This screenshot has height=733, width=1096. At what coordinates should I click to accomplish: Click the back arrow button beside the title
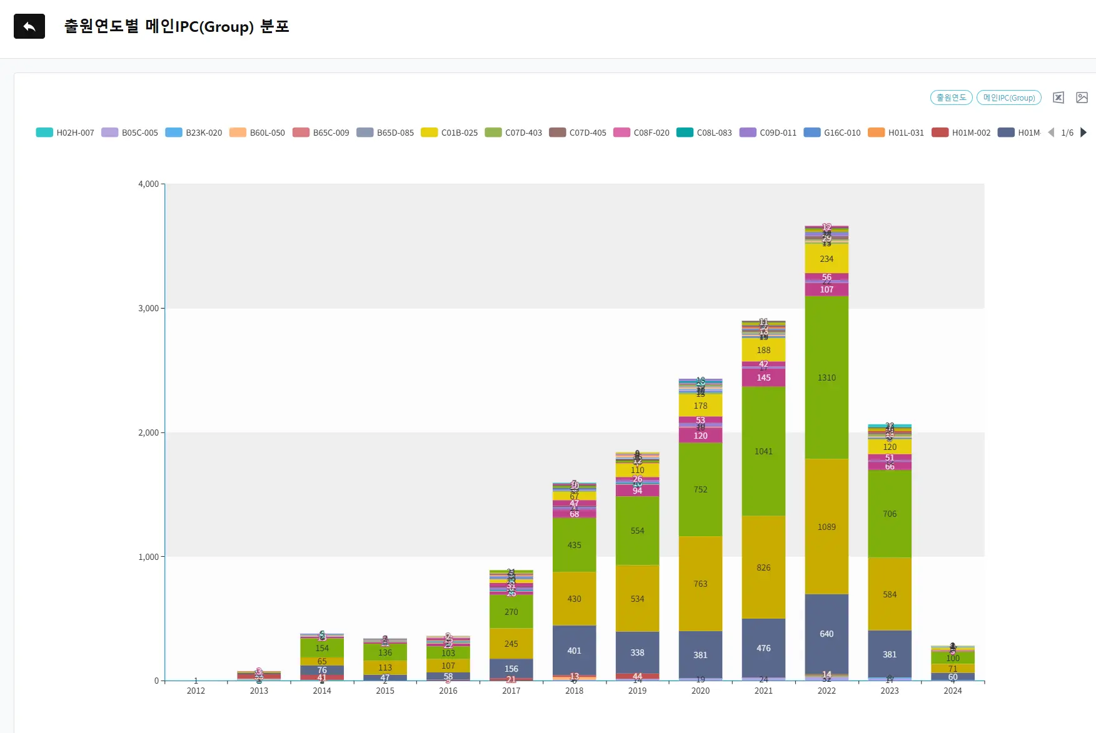pyautogui.click(x=29, y=26)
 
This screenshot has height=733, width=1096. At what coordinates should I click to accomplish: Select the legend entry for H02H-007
pyautogui.click(x=65, y=132)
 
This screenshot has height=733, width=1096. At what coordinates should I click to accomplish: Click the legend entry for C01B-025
pyautogui.click(x=450, y=132)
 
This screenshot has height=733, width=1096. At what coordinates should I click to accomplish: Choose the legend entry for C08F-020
pyautogui.click(x=641, y=132)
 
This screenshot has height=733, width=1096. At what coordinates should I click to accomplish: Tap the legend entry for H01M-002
pyautogui.click(x=961, y=132)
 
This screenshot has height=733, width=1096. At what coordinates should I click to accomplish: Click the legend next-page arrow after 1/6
pyautogui.click(x=1083, y=132)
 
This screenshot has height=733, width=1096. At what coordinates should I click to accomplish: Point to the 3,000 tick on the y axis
pyautogui.click(x=148, y=308)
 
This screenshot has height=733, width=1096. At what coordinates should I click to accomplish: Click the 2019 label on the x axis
pyautogui.click(x=637, y=691)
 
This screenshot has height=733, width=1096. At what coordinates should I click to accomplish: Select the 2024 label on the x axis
pyautogui.click(x=952, y=691)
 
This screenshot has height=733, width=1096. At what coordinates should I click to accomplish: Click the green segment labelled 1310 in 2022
pyautogui.click(x=827, y=377)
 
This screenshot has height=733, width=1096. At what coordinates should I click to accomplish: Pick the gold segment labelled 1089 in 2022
pyautogui.click(x=827, y=527)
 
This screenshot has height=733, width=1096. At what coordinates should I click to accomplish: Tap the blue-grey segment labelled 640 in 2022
pyautogui.click(x=827, y=634)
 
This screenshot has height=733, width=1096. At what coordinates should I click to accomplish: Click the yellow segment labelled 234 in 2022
pyautogui.click(x=827, y=259)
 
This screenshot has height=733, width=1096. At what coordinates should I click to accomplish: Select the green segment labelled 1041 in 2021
pyautogui.click(x=763, y=451)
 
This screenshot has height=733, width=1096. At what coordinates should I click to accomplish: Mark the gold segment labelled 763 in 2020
pyautogui.click(x=700, y=584)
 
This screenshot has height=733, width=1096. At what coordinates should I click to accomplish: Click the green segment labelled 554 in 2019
pyautogui.click(x=637, y=531)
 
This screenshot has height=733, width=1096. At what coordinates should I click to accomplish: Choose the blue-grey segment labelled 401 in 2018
pyautogui.click(x=574, y=651)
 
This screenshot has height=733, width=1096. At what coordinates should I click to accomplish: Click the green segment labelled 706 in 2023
pyautogui.click(x=890, y=514)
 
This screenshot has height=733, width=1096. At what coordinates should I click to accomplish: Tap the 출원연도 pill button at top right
pyautogui.click(x=951, y=97)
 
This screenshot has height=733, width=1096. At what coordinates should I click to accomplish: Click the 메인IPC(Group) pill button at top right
pyautogui.click(x=1008, y=97)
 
